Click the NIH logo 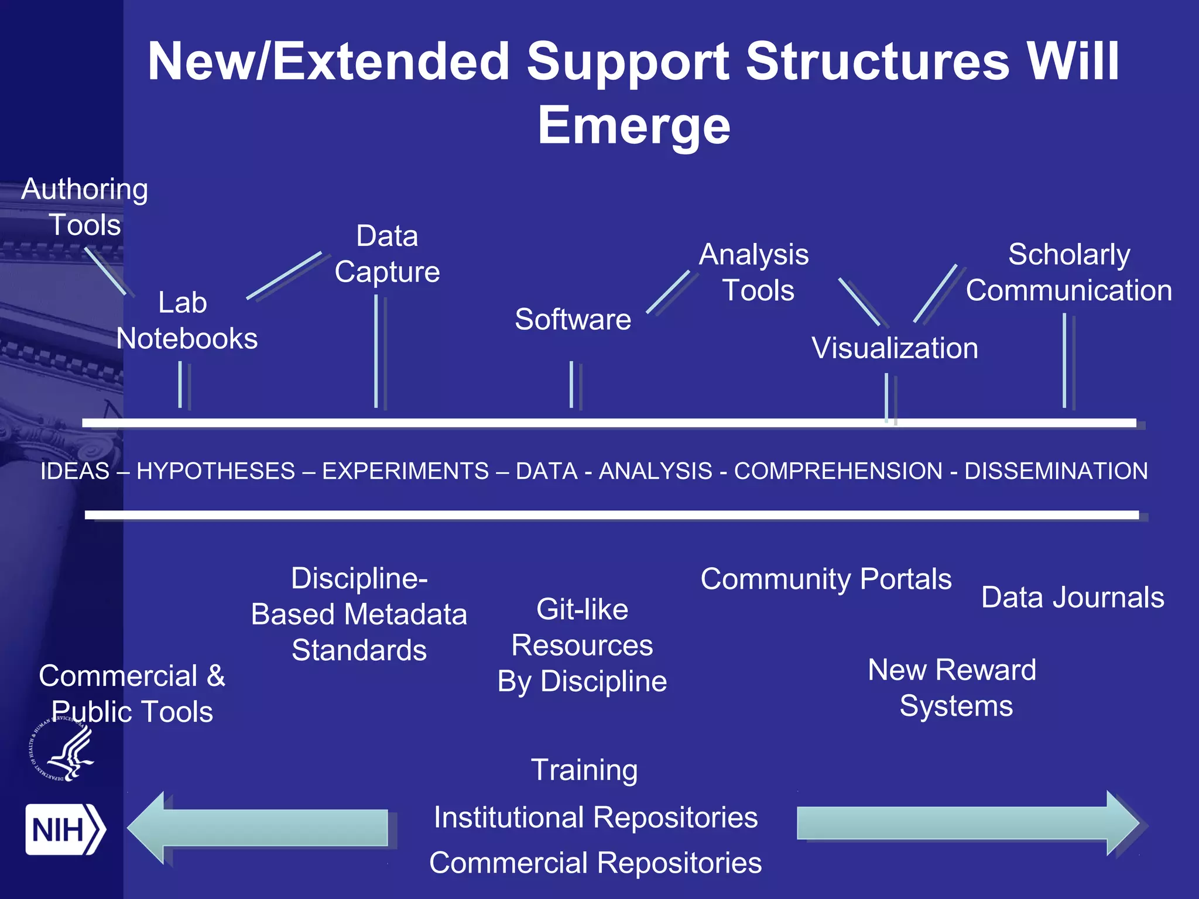coord(64,829)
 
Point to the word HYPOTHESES coord(215,471)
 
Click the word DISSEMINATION coord(1056,471)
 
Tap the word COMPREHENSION coord(838,471)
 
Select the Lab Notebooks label coord(186,321)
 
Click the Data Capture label coord(387,254)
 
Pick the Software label coord(573,320)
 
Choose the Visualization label coord(895,348)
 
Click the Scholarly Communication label coord(1068,273)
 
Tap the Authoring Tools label coord(85,207)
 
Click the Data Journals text coord(1073,598)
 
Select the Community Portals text coord(825,579)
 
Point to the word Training coord(584,770)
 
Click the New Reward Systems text coord(953,688)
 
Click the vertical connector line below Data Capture coord(376,351)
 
